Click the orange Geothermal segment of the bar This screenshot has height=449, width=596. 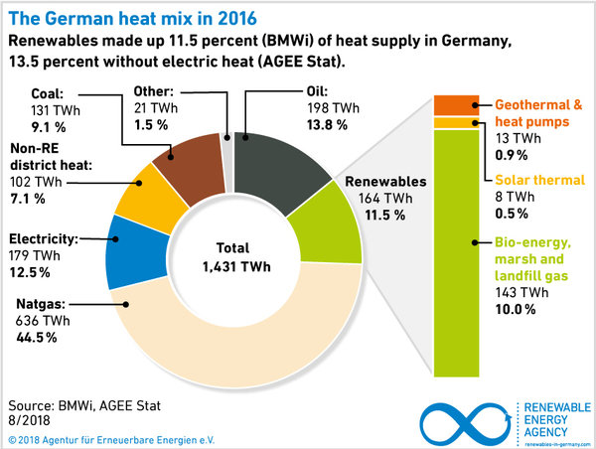click(452, 105)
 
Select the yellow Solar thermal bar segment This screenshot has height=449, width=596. click(452, 122)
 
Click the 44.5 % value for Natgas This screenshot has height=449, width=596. click(35, 338)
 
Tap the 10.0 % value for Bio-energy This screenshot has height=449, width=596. click(516, 310)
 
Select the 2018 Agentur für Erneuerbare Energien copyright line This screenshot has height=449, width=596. click(110, 438)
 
